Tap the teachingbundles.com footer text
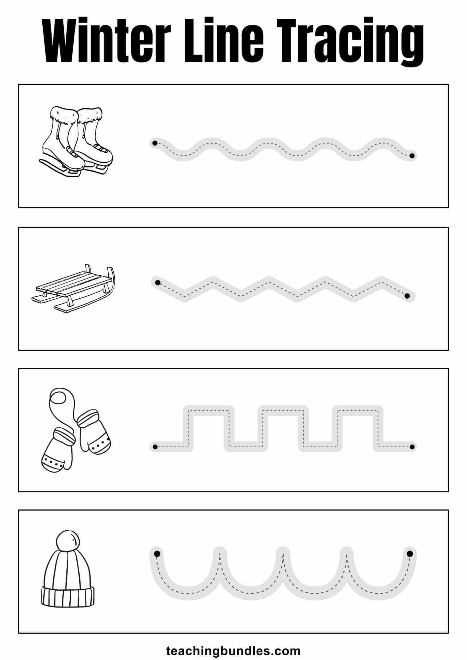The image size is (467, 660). pos(234,651)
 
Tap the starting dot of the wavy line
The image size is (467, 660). pos(154,143)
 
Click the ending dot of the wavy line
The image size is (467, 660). pos(412,155)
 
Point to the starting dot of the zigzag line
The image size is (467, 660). pos(158,282)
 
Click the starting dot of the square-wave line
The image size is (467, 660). pos(155,447)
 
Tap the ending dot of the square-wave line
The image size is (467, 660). pos(412,447)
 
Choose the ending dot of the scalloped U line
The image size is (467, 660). pos(410,553)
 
